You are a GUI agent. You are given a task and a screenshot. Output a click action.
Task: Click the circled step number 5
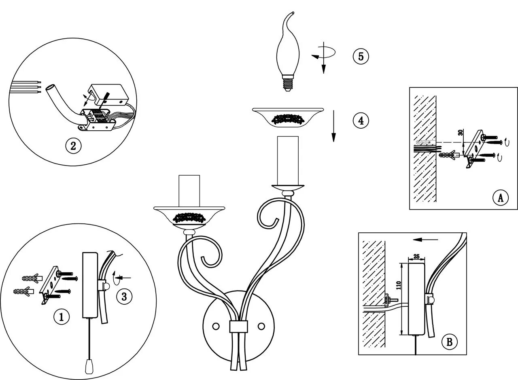coord(361,56)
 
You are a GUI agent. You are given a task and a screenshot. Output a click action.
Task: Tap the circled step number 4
coord(361,120)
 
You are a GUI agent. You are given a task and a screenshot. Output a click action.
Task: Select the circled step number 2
coord(73,145)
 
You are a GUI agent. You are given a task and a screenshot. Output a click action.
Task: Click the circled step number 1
coord(62,317)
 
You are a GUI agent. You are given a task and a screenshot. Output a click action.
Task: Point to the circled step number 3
coord(124,297)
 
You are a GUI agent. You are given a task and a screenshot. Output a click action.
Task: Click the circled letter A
coord(500,198)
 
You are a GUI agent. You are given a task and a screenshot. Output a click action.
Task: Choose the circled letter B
coord(449,342)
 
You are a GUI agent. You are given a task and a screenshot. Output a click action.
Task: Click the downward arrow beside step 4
coord(333,125)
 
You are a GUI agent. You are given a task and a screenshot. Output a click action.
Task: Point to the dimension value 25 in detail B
coord(416,256)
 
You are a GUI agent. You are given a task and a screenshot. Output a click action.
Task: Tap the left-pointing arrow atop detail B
coord(425,240)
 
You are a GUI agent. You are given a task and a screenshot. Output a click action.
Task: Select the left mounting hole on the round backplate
coord(216,325)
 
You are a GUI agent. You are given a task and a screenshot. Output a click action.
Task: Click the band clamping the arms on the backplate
coord(239,327)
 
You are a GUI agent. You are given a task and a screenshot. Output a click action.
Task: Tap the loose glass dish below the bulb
coord(288,117)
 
